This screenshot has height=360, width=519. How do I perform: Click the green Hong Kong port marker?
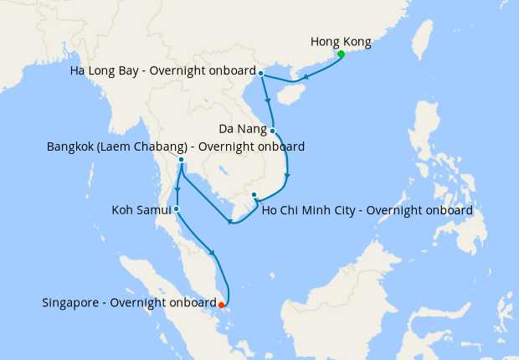coord(342,55)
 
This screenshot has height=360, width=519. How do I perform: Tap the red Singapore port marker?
coord(221,306)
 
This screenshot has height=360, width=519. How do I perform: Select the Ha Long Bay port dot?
coord(261,74)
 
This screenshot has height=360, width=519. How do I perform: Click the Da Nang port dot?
coord(273,131)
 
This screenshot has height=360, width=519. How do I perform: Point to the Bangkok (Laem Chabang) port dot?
coord(181,159)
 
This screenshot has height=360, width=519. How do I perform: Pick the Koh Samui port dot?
coord(177,209)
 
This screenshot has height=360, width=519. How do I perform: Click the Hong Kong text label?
coord(340,41)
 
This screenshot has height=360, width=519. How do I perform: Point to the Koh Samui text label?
coord(141,209)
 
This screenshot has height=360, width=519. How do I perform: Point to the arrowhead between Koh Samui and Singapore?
coord(215,255)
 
